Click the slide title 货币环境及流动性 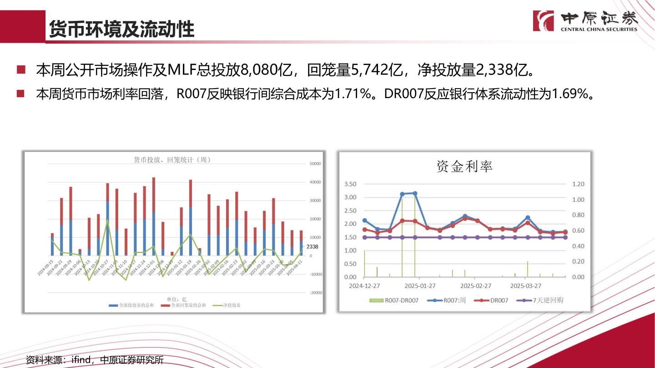(x=121, y=29)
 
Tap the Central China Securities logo (x=586, y=21)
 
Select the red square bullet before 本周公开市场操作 (x=20, y=70)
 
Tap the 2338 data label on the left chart (x=312, y=247)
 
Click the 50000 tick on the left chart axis (x=315, y=164)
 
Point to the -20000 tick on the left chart (x=315, y=293)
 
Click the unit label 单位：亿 (x=176, y=299)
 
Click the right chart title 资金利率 (x=464, y=166)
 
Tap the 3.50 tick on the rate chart (x=350, y=184)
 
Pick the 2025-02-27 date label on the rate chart (x=476, y=286)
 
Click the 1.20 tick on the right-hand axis (x=579, y=184)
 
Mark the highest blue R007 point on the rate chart (x=414, y=193)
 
